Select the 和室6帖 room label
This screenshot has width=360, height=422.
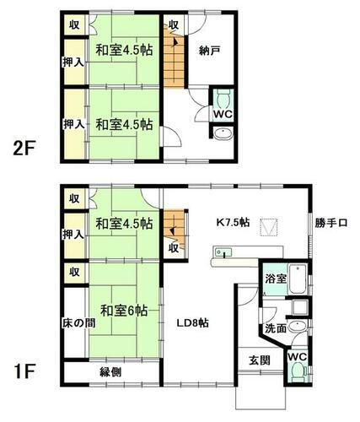(124, 310)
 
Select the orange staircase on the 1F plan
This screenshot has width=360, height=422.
(174, 225)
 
